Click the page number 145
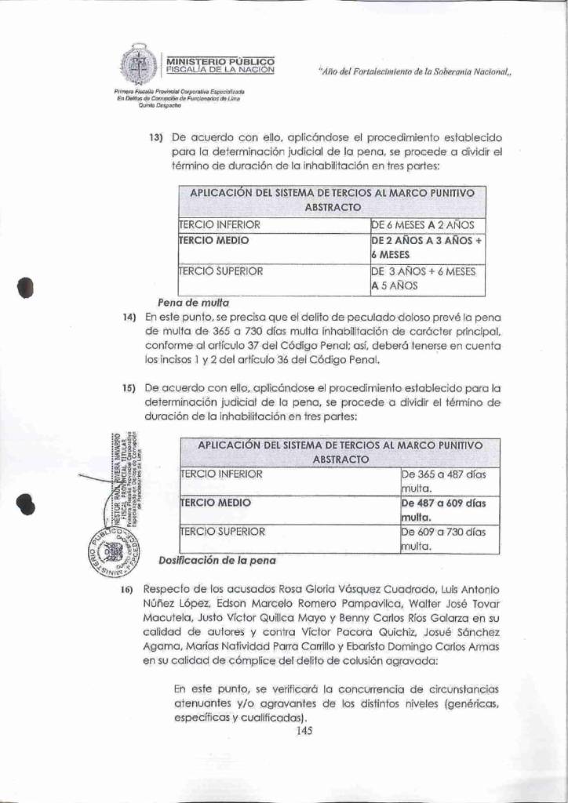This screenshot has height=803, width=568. coord(304,731)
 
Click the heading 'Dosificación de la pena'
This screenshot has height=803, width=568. coord(217,561)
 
